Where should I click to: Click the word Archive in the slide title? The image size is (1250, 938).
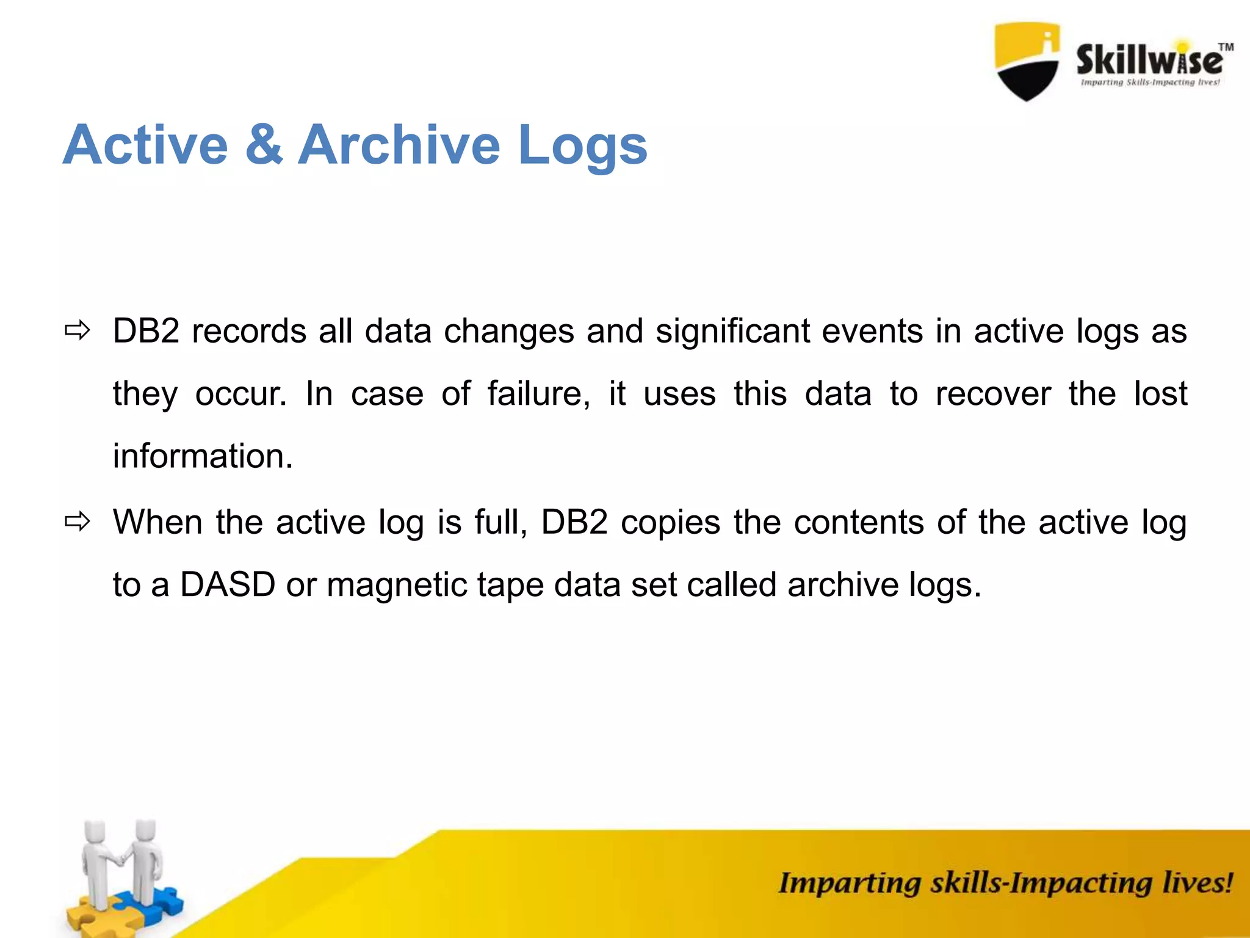point(400,145)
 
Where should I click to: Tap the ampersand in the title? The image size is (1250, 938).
point(264,145)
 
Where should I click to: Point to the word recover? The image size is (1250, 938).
point(993,394)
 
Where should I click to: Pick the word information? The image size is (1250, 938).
point(203,456)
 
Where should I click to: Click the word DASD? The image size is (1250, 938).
point(227,585)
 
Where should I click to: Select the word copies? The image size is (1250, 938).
point(670,523)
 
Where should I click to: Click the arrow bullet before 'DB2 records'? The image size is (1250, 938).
point(78,332)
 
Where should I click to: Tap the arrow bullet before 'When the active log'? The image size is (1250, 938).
point(78,522)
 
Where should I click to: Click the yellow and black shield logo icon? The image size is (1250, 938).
point(1027,61)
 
